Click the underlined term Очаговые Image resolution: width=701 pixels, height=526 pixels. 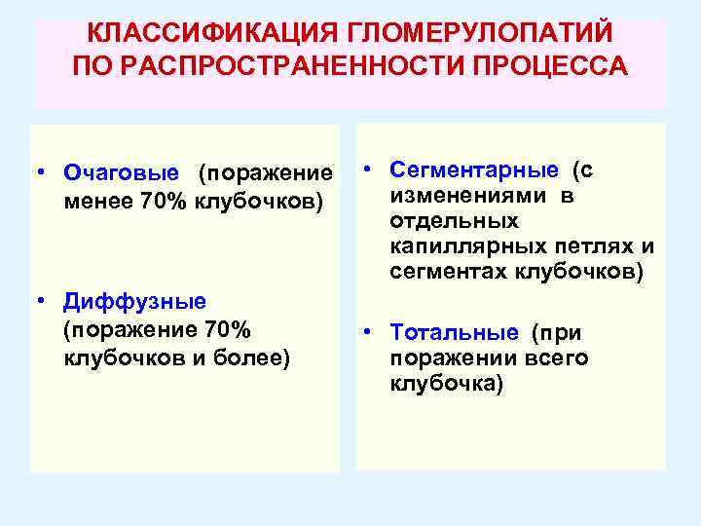[x=121, y=173]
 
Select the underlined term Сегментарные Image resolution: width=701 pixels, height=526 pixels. [x=475, y=169]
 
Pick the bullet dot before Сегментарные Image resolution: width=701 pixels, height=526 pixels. [x=372, y=169]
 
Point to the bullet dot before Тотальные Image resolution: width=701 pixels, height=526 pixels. [x=372, y=333]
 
